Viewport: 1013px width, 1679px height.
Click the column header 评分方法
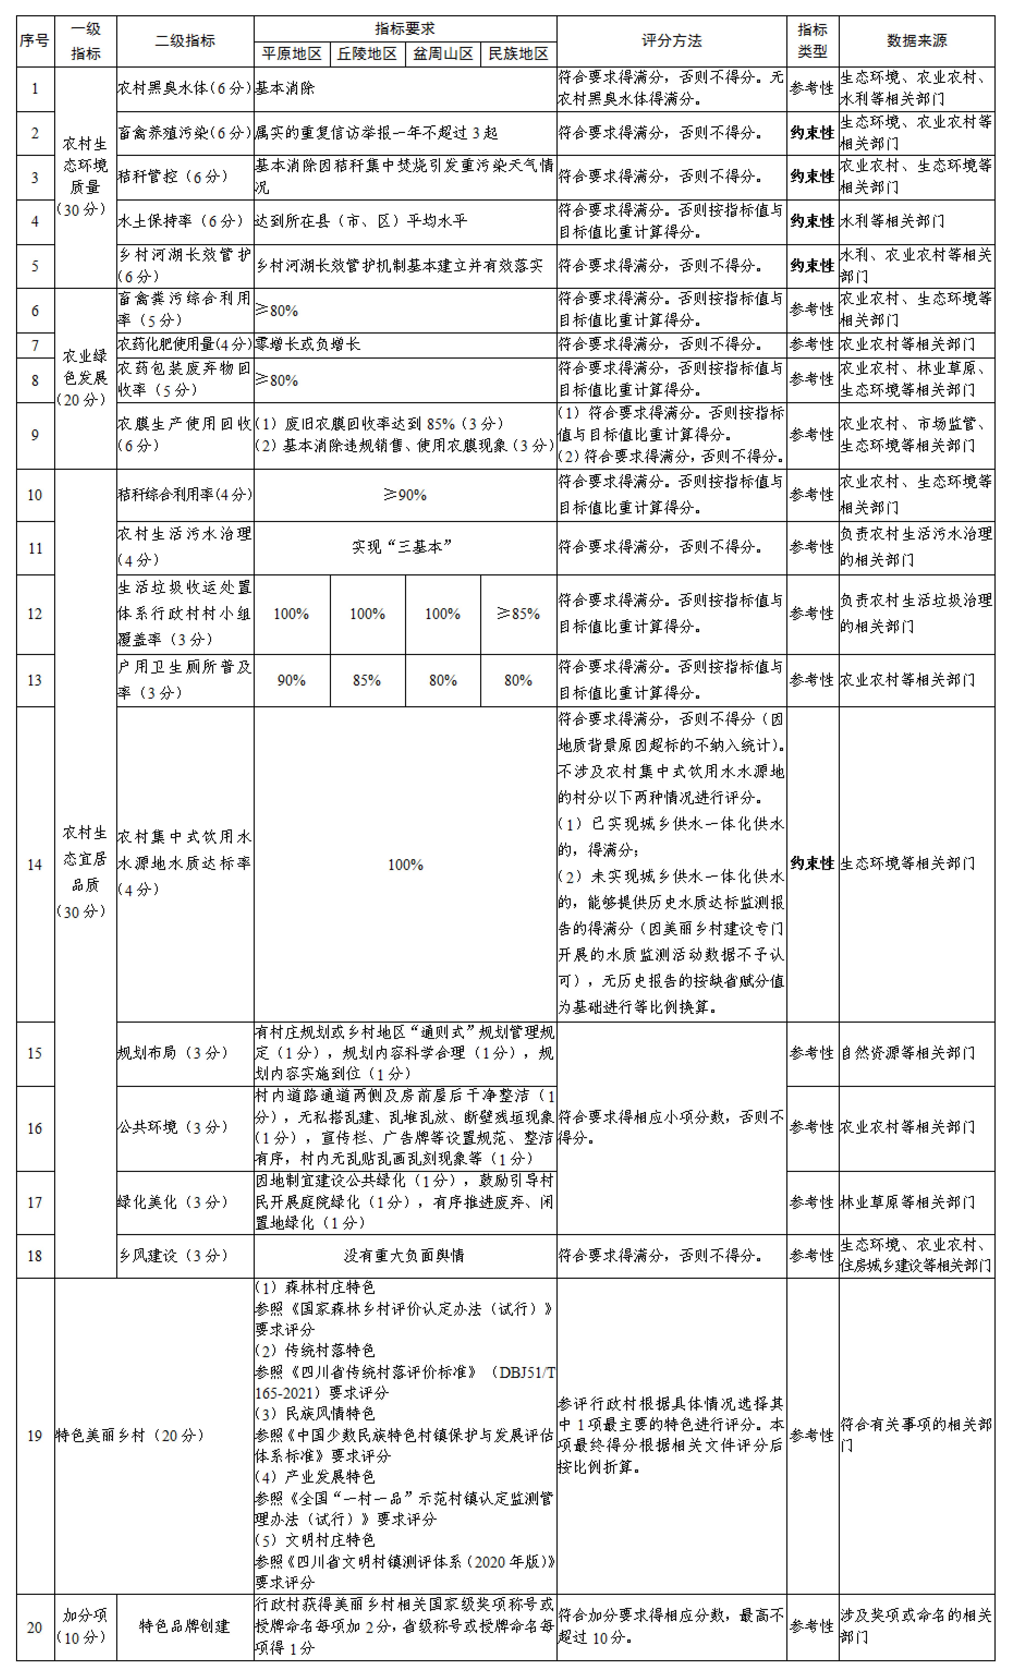(671, 41)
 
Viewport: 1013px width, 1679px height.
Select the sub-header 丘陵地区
(367, 54)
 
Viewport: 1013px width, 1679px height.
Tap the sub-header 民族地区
(518, 54)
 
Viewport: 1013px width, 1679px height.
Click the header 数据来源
(916, 41)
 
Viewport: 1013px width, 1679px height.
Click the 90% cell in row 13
(291, 680)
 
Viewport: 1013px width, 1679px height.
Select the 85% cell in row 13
(367, 680)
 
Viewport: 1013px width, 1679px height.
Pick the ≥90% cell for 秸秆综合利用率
(405, 495)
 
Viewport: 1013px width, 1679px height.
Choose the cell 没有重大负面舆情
(405, 1255)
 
